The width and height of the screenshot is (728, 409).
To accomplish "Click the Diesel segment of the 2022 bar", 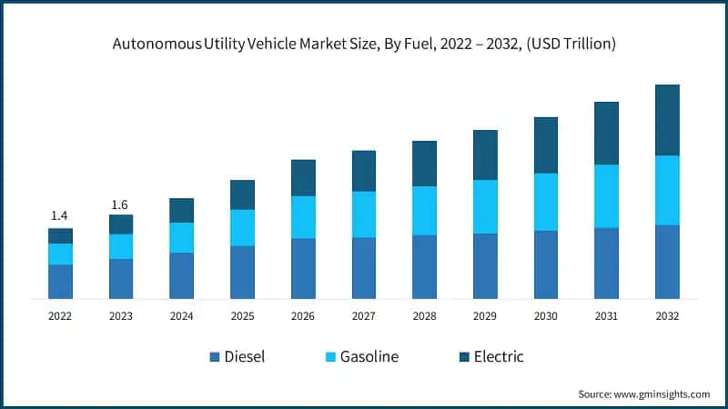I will point(60,282).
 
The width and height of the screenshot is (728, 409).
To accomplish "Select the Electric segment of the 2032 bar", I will point(667,120).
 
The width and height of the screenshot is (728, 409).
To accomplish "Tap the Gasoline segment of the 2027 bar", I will point(364,214).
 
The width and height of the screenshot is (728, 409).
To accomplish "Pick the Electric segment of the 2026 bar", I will point(303,178).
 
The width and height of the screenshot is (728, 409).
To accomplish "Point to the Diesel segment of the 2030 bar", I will point(546,264).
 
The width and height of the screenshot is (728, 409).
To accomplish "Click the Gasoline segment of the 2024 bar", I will point(182,237).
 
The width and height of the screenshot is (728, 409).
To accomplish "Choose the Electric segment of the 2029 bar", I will point(485,155).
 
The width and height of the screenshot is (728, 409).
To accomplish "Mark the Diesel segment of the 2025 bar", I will point(242,272).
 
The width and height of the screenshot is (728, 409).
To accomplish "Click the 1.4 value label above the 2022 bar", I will point(60,215).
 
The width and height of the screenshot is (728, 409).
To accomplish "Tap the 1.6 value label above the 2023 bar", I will point(121,204).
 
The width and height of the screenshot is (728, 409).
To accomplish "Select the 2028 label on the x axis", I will point(424,315).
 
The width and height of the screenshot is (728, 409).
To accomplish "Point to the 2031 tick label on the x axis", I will point(606,315).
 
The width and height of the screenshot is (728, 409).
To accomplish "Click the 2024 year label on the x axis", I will point(182,315).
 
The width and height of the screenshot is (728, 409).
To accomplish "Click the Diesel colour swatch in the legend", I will point(215,357).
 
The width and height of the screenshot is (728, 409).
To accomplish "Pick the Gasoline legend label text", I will point(369,356).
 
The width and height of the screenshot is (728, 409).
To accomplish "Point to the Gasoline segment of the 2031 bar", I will point(606,196).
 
